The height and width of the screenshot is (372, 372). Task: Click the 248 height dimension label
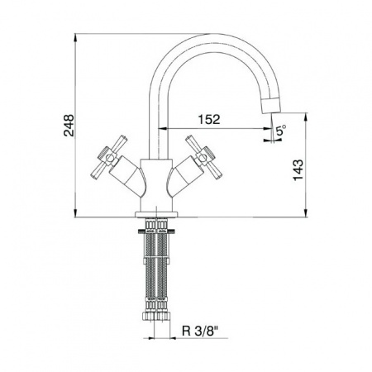point(69,126)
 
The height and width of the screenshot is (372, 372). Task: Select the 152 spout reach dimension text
point(209,119)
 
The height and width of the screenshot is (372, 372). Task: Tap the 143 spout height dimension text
point(298,169)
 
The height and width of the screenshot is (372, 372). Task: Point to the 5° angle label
point(281,130)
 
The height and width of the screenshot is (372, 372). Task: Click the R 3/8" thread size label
point(200,331)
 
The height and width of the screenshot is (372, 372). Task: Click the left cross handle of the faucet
point(108,157)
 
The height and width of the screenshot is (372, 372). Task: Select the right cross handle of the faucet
point(204,157)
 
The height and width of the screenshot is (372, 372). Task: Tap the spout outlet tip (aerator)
point(271,105)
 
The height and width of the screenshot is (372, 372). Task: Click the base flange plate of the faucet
point(156,214)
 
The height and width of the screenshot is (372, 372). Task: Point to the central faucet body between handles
point(156,185)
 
